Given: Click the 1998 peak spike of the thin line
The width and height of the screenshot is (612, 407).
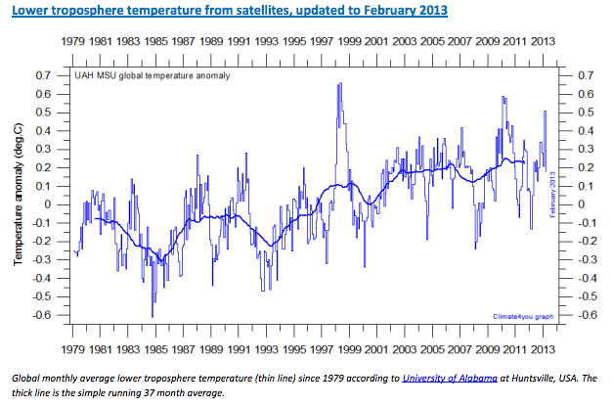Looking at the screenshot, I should tap(339, 84).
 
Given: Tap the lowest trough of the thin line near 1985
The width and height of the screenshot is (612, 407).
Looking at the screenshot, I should tap(153, 315).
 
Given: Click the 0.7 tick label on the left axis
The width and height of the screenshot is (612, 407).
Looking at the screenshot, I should tap(43, 75).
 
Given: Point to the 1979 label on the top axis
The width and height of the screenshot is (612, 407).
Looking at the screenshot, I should tap(73, 43).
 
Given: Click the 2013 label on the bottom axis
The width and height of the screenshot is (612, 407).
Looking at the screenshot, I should tap(544, 348).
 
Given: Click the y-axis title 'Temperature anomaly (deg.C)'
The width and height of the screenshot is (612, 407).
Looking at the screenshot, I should tap(18, 196).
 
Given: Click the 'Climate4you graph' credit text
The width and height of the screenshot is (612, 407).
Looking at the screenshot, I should tap(526, 316).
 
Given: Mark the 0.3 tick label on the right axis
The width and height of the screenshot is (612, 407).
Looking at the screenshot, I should tap(586, 149).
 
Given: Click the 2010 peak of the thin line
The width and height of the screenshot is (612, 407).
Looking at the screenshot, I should tap(503, 97).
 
